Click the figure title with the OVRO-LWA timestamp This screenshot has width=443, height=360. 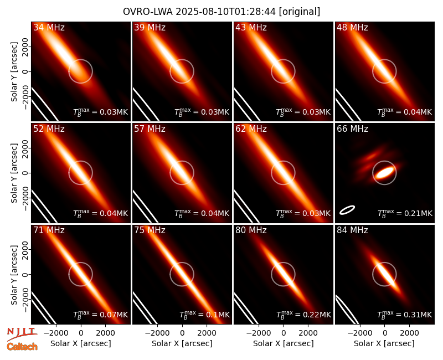coord(221,12)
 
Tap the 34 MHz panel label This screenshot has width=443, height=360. coord(49,27)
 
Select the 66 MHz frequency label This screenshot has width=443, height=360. coord(352,129)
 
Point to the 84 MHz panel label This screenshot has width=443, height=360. coord(352,230)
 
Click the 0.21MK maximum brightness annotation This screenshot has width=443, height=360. coord(405,213)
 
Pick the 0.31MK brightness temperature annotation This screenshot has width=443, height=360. coord(405,315)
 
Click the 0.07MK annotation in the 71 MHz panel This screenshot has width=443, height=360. coord(101,315)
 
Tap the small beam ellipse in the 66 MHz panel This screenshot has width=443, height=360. coord(347,210)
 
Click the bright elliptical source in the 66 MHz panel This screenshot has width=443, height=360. coord(384,172)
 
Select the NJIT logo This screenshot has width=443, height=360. coord(22,333)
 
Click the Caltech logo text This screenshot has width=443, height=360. coord(22,347)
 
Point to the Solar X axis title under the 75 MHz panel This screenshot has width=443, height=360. coord(182,343)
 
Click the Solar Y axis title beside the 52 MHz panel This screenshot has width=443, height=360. coord(14,173)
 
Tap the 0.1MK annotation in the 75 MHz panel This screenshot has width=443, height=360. coord(204,315)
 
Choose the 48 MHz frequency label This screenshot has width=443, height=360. coord(352,27)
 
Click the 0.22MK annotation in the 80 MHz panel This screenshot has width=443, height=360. coord(303,315)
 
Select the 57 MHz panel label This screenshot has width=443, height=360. coord(150,129)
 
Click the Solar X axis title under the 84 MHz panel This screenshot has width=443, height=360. coord(384,343)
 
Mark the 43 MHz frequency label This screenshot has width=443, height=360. coord(251,27)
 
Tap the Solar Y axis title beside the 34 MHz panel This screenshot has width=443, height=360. coord(14,72)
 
